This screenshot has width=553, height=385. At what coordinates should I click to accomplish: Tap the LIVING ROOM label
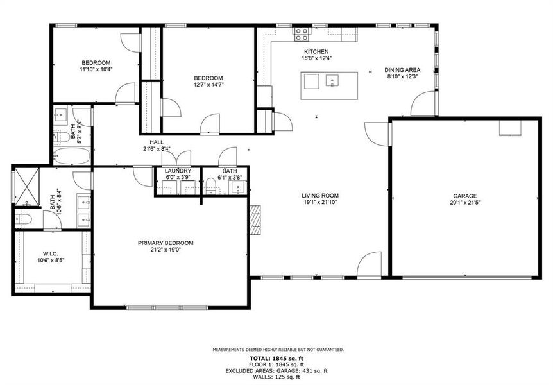click(x=320, y=196)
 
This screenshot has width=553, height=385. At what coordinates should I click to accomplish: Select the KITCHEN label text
click(x=316, y=52)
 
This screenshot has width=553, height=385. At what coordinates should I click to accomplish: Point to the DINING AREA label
click(x=402, y=70)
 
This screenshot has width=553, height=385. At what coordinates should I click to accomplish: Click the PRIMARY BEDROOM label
click(x=166, y=243)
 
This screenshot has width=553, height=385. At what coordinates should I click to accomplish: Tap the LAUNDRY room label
click(x=178, y=171)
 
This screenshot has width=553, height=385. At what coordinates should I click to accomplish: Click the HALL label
click(x=157, y=142)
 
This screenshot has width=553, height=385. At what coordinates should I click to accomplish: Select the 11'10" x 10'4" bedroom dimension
click(x=96, y=69)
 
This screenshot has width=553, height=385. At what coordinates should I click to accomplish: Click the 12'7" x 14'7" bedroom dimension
click(x=208, y=84)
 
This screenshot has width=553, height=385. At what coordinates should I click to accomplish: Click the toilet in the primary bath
click(x=24, y=219)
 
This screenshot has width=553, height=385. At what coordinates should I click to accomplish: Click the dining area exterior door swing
click(x=424, y=104)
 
